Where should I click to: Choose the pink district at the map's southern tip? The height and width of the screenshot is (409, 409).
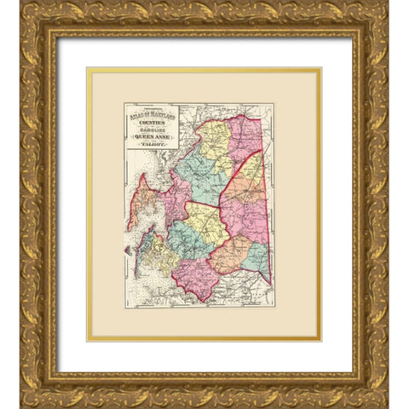197,278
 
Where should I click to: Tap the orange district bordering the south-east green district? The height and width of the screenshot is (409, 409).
229,254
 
